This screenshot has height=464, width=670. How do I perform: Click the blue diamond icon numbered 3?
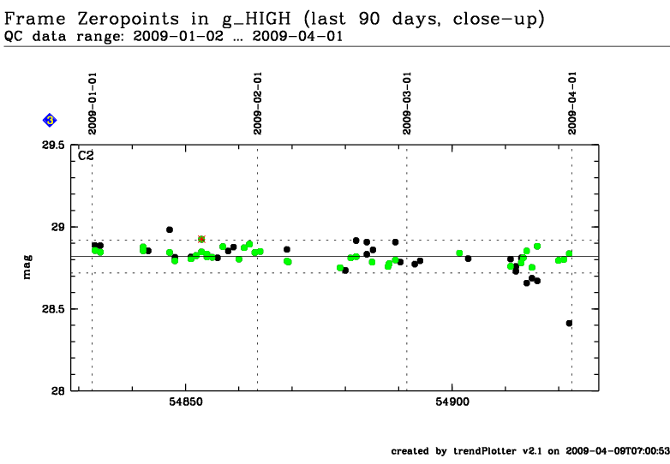[x=50, y=121]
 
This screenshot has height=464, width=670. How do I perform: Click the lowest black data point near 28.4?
[x=569, y=323]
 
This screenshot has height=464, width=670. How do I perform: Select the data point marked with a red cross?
[x=201, y=239]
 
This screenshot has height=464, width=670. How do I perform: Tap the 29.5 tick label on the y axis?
[x=54, y=146]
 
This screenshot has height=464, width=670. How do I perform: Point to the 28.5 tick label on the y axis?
[x=54, y=309]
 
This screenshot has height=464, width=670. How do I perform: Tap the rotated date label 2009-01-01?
[x=92, y=103]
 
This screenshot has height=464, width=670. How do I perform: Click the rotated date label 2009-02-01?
[x=257, y=103]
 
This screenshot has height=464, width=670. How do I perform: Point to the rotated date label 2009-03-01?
[x=407, y=103]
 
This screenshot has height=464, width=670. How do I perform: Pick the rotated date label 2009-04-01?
[x=571, y=103]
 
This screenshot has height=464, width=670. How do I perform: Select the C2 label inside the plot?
[x=87, y=155]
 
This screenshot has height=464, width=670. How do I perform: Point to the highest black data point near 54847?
[x=170, y=229]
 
